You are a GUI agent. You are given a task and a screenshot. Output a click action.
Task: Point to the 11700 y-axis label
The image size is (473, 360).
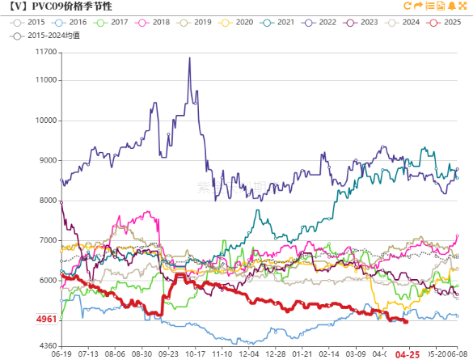(46, 53)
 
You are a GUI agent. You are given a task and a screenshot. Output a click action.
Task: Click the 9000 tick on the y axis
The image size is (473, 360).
(49, 160)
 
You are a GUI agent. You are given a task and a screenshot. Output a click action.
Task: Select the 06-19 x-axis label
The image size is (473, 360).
(61, 354)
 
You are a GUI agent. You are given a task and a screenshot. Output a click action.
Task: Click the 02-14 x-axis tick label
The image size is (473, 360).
(329, 354)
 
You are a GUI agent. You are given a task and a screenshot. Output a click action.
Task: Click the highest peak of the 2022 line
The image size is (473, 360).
(189, 57)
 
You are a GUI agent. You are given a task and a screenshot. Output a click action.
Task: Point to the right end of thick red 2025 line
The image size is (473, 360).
(406, 321)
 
